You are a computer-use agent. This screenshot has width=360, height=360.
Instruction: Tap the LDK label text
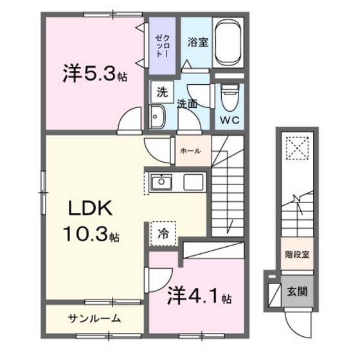pos(92,208)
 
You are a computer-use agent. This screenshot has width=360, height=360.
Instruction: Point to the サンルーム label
pos(94,318)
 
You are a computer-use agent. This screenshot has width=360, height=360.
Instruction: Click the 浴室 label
pos(196,43)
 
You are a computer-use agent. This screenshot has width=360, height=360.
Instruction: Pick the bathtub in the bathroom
pos(229,42)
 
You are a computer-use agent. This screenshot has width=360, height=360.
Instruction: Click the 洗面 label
pos(187,104)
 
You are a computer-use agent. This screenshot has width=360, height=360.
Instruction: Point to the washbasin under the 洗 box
pos(157,116)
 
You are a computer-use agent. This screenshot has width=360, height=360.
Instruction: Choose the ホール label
pos(190,150)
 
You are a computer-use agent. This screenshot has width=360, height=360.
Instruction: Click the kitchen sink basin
pos(161,183)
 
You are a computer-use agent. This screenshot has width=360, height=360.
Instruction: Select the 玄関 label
pos(296,291)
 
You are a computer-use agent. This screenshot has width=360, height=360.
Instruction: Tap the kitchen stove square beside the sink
pos(193,183)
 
